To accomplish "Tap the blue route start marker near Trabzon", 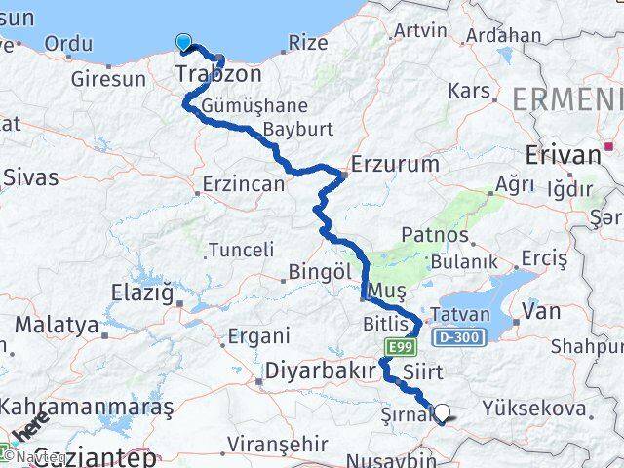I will [184, 42].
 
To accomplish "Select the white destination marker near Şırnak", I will [442, 413].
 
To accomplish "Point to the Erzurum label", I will [395, 164].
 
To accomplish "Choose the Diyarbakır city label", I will [321, 371].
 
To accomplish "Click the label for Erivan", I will [564, 154].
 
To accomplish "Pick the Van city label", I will [541, 311].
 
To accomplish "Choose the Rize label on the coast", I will [309, 43].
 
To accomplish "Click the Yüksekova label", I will [544, 409].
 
